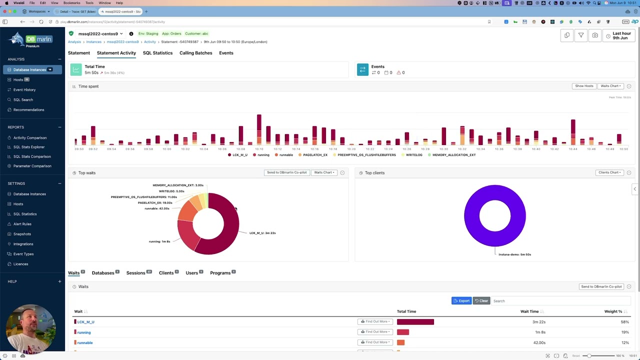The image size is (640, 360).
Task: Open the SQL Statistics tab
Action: pyautogui.click(x=157, y=53)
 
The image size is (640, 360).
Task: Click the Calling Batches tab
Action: pyautogui.click(x=195, y=53)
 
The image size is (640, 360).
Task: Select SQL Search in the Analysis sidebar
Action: pyautogui.click(x=23, y=99)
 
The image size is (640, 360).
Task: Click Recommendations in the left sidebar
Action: pyautogui.click(x=28, y=109)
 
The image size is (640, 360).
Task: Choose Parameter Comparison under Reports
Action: pyautogui.click(x=32, y=166)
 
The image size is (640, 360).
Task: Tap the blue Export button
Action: pyautogui.click(x=461, y=301)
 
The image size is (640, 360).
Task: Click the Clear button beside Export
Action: pyautogui.click(x=481, y=301)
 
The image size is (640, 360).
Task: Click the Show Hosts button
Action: pyautogui.click(x=583, y=86)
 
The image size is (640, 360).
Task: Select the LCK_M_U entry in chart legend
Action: pyautogui.click(x=239, y=155)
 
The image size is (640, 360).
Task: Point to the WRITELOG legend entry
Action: pyautogui.click(x=413, y=155)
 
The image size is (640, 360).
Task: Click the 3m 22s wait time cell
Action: pyautogui.click(x=538, y=322)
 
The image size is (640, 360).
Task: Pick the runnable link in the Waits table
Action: pyautogui.click(x=85, y=342)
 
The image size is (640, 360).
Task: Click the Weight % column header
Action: pyautogui.click(x=613, y=311)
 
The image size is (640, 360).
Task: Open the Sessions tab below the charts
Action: pyautogui.click(x=135, y=273)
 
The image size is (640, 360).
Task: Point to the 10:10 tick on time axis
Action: pyautogui.click(x=259, y=149)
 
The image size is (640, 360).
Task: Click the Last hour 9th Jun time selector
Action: pyautogui.click(x=619, y=35)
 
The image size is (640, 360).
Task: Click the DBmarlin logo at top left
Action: pyautogui.click(x=32, y=39)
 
